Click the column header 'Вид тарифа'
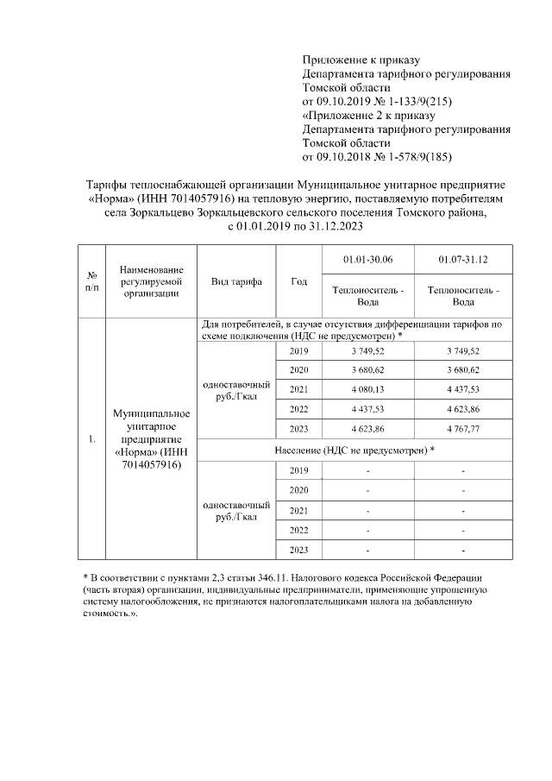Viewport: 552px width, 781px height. click(236, 282)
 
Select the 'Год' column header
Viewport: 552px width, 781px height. click(299, 282)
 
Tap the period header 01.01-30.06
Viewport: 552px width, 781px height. click(367, 259)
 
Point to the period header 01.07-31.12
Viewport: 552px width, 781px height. click(463, 259)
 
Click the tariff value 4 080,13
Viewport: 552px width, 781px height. click(367, 389)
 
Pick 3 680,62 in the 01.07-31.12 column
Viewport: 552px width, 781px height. click(463, 370)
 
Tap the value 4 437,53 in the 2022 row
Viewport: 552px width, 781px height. click(367, 408)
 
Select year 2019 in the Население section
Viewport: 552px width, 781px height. click(299, 470)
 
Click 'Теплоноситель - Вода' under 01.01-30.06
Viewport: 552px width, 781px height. click(367, 297)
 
